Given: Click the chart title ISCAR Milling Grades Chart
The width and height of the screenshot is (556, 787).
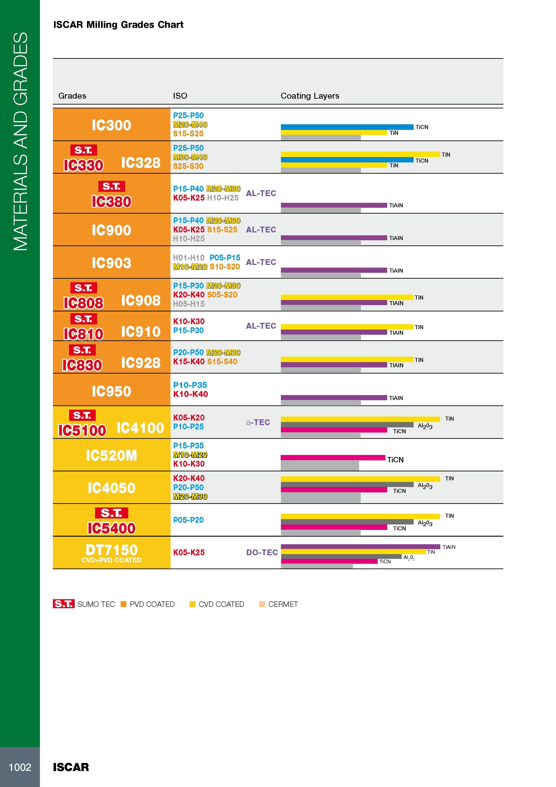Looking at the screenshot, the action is pos(118,25).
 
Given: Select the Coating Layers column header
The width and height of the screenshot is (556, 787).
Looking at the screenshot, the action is pos(310,96).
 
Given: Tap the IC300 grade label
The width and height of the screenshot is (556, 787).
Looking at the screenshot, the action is pos(111,125).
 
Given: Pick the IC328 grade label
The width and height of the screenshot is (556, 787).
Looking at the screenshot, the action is pos(141,162).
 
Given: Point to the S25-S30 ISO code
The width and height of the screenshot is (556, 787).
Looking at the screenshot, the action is pos(188,166).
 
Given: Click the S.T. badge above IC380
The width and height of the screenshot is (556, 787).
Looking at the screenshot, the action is pos(111,186).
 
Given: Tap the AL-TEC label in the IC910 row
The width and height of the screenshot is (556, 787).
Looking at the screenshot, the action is pos(261,326).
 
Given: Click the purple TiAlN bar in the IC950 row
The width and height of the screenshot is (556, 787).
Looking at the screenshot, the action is pos(334,398).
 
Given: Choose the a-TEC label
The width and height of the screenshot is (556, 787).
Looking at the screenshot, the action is pos(258,422).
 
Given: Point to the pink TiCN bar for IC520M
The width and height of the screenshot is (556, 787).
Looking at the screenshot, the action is pos(333,458).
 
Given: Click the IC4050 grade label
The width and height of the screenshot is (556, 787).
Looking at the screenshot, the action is pos(111,488).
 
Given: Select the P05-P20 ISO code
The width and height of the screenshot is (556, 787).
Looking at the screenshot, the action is pos(188,520).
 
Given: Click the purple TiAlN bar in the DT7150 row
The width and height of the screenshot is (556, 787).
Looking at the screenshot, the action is pos(360,547).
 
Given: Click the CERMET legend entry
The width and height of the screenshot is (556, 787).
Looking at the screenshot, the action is pos(278,604).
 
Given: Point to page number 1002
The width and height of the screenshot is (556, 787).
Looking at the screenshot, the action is pos(20,767).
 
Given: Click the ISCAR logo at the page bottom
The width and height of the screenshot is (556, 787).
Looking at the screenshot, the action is pos(71,767).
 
